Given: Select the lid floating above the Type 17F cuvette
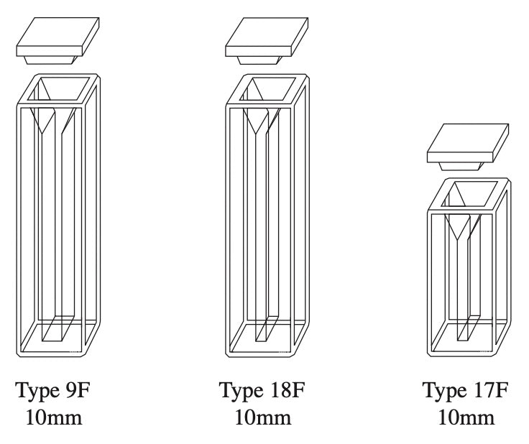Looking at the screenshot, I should pyautogui.click(x=467, y=146).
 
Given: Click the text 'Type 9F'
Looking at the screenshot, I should pyautogui.click(x=55, y=392).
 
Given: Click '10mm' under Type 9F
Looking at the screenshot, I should pyautogui.click(x=55, y=417).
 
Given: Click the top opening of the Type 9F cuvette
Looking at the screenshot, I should pyautogui.click(x=65, y=89).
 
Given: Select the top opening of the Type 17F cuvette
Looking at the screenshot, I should pyautogui.click(x=473, y=193).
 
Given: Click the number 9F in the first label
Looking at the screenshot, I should pyautogui.click(x=78, y=392).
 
